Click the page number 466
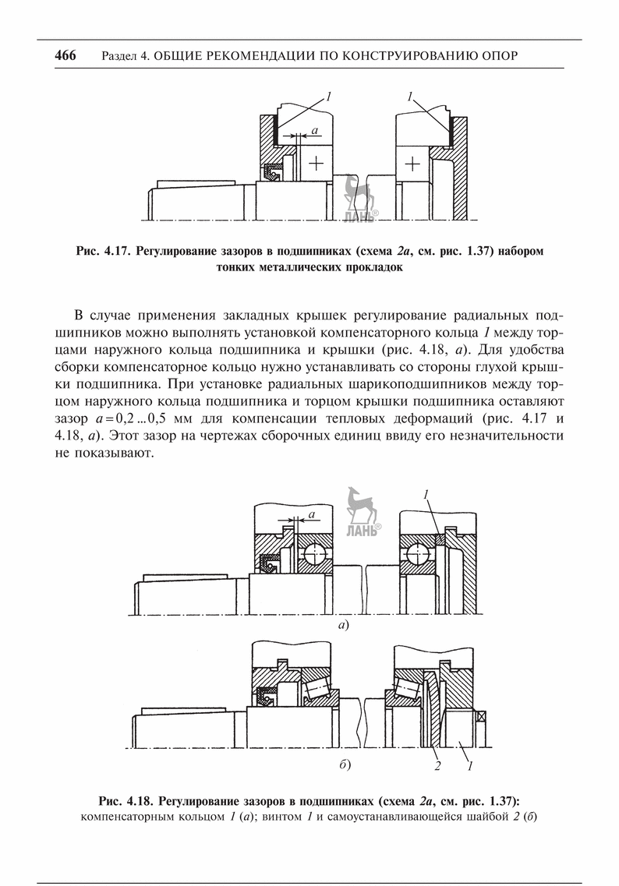click(65, 56)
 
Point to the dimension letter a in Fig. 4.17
click(313, 132)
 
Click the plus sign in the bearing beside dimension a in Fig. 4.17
click(315, 163)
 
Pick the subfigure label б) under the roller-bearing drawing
click(344, 765)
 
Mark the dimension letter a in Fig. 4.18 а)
click(311, 514)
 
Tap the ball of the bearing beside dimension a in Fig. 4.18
click(317, 553)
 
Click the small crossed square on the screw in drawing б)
click(483, 717)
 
